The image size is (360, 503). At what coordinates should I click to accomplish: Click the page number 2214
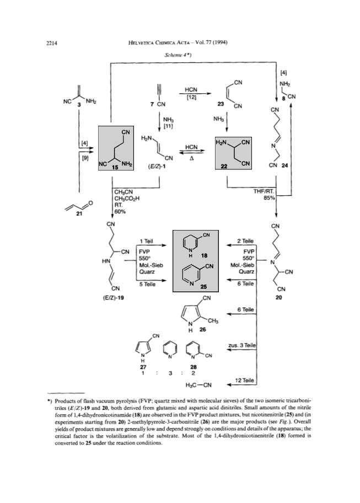(x=52, y=43)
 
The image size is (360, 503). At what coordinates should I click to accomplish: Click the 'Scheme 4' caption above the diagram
(x=178, y=55)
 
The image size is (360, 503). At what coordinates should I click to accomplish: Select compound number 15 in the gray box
(x=115, y=167)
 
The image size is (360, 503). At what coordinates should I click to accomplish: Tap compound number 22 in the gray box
(x=224, y=166)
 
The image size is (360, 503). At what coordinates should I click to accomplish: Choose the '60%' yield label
(x=120, y=211)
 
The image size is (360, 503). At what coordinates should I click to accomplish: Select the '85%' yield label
(x=269, y=198)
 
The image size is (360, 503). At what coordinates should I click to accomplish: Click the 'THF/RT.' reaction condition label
(x=264, y=191)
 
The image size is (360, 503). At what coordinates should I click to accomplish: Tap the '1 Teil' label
(x=146, y=241)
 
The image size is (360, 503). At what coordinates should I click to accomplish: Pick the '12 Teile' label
(x=244, y=381)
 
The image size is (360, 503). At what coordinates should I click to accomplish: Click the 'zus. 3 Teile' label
(x=242, y=345)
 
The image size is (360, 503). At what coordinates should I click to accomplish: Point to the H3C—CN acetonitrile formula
(x=198, y=384)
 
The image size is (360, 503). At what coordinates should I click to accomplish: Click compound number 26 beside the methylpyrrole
(x=202, y=329)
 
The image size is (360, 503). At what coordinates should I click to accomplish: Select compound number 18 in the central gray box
(x=204, y=256)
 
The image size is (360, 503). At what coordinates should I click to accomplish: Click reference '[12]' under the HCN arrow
(x=191, y=96)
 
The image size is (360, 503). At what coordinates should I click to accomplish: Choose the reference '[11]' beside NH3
(x=168, y=126)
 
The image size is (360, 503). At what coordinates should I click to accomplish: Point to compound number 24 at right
(x=284, y=165)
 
